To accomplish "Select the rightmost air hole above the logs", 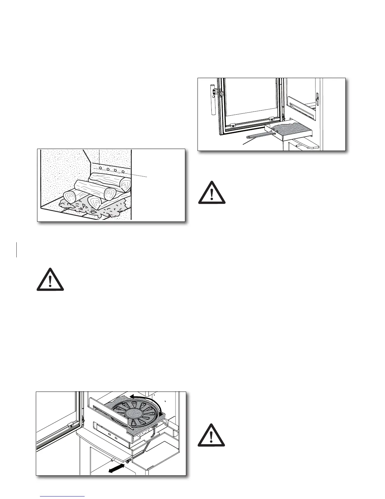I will click(x=123, y=172).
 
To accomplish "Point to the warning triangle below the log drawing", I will click(x=50, y=279).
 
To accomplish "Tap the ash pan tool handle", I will click(x=256, y=135).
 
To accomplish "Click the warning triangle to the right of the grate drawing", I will click(x=211, y=435).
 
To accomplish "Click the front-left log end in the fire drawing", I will click(x=70, y=198).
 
